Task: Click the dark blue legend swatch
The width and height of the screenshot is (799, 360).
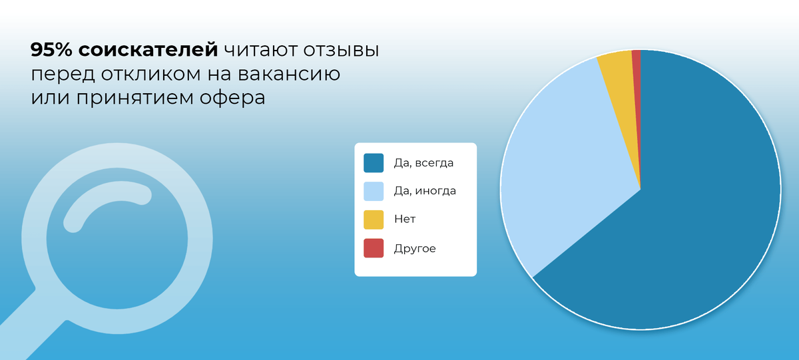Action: click(374, 163)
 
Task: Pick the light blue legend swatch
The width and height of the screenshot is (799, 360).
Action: click(374, 191)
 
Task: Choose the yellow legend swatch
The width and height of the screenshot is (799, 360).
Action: click(374, 220)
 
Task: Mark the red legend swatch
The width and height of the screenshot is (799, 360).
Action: click(374, 248)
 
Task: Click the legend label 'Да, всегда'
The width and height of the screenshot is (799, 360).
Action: click(423, 163)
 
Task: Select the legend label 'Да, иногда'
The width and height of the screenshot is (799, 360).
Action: click(425, 191)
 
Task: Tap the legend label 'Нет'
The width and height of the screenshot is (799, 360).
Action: click(405, 219)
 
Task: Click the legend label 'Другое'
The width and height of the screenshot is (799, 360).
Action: click(415, 248)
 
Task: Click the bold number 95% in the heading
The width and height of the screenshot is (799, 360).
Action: click(51, 49)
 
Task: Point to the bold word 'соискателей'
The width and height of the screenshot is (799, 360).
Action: click(148, 50)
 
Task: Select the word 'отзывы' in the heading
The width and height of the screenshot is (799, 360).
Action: click(341, 51)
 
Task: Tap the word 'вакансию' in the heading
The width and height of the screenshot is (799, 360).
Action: click(289, 75)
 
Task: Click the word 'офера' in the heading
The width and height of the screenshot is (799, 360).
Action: click(232, 98)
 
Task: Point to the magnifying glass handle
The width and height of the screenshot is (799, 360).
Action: click(32, 324)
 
